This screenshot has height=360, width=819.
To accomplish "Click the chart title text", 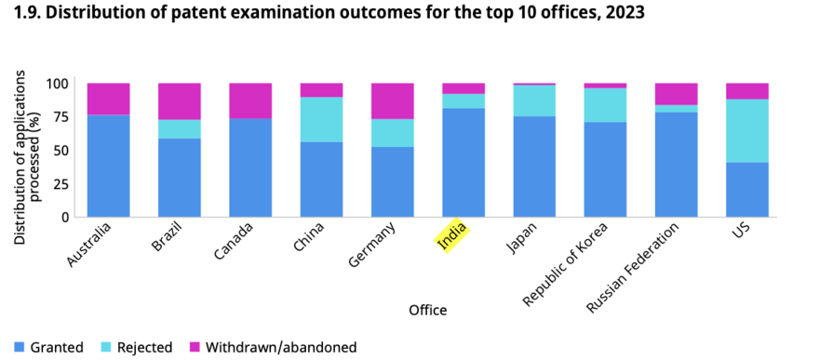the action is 323,13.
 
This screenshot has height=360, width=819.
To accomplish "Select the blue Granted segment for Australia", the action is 109,166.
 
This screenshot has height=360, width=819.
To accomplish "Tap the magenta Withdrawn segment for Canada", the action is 250,100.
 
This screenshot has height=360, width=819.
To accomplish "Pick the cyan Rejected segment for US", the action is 747,131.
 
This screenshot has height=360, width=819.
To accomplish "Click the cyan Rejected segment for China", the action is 321,119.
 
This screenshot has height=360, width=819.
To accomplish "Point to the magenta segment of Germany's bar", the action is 392,101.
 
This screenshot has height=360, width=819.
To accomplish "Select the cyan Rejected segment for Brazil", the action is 179,129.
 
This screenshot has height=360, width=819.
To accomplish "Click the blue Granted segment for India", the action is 463,163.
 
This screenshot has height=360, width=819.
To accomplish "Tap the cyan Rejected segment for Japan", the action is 534,100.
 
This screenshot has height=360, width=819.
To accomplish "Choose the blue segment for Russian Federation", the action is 677,165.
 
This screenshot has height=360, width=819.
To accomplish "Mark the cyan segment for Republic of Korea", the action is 605,105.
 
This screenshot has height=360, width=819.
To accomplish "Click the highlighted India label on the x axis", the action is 452,234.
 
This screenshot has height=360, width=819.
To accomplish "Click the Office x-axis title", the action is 428,311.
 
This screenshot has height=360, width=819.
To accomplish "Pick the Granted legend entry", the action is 48,347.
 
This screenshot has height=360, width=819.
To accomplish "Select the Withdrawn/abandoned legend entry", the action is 274,347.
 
